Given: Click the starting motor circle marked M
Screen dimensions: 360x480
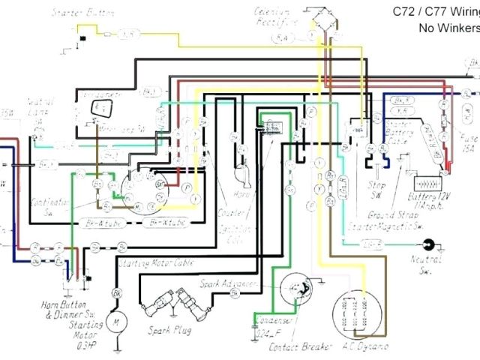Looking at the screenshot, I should [117, 320].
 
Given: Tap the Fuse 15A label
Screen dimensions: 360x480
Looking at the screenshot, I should [468, 142].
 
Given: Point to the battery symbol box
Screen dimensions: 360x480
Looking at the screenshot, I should [427, 182].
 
